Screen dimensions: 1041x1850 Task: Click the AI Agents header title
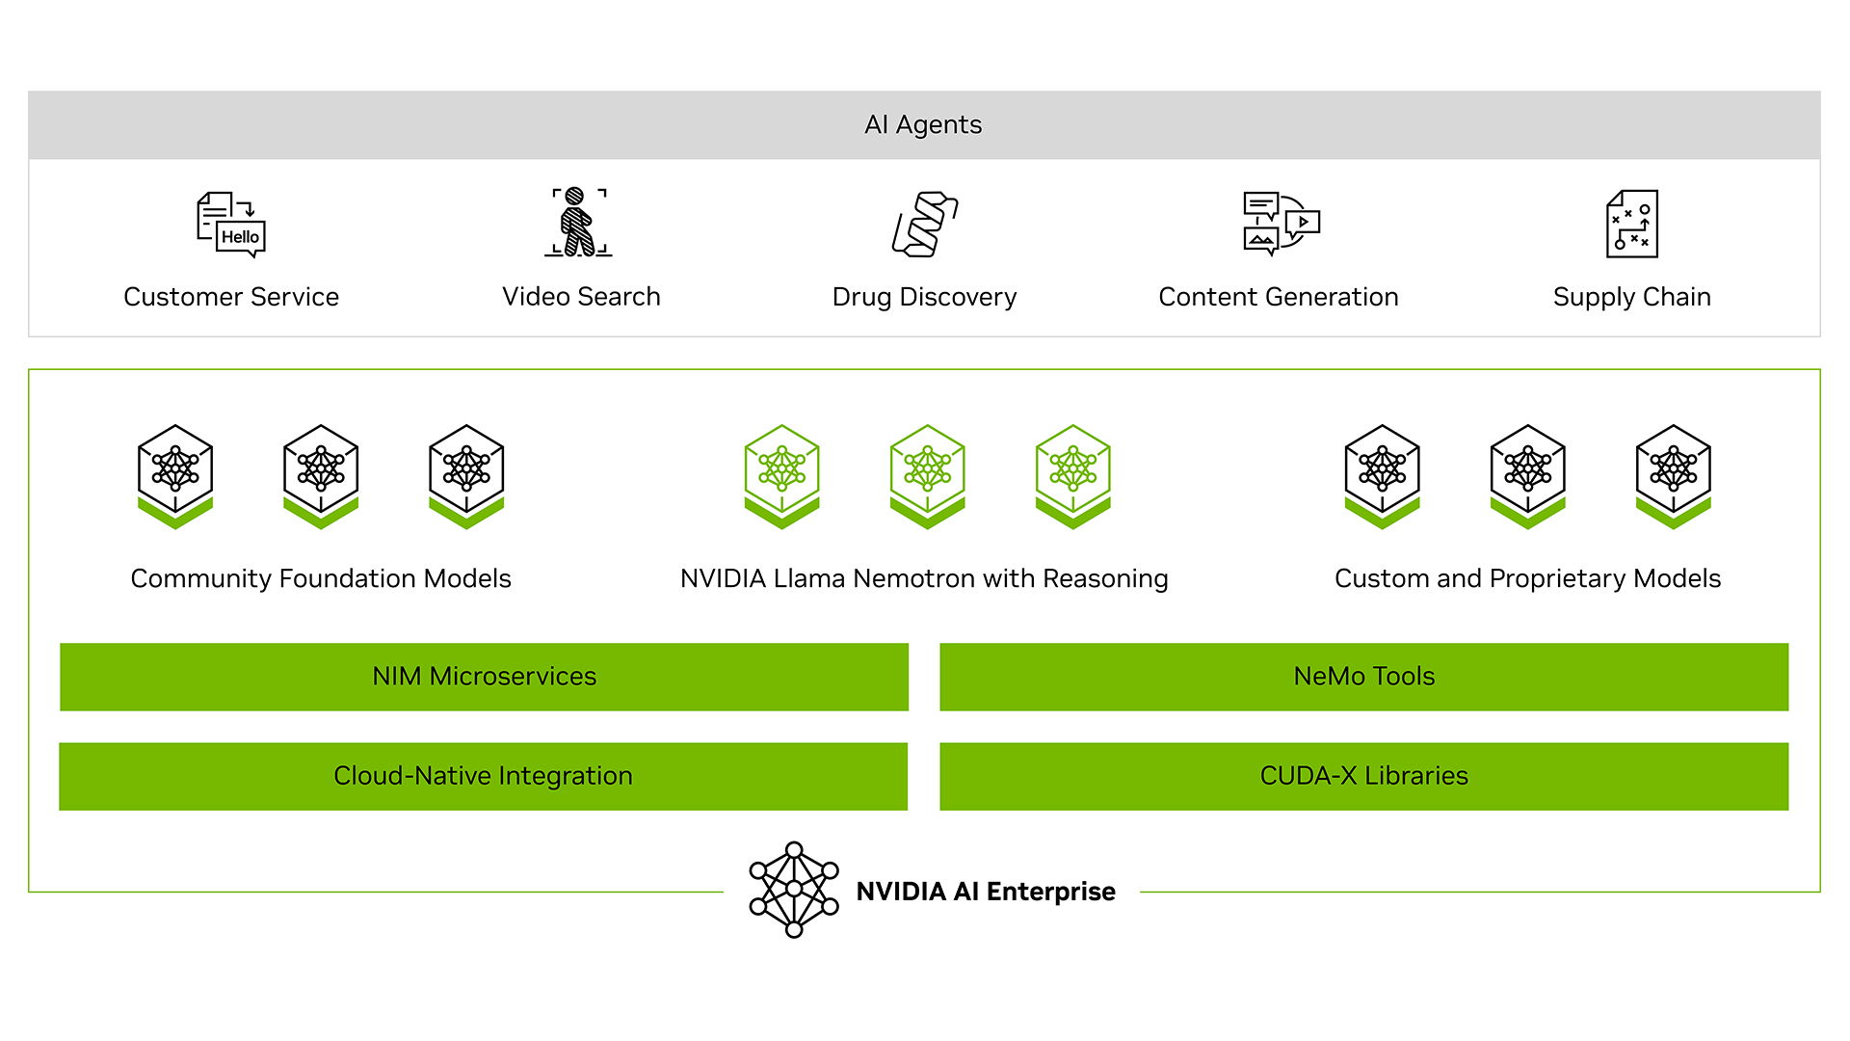click(923, 124)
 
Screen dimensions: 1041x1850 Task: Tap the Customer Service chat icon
click(231, 224)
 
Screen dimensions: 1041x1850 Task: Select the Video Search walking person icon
click(578, 223)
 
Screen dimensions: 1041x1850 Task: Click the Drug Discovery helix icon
click(925, 224)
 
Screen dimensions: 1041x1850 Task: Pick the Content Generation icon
click(1281, 223)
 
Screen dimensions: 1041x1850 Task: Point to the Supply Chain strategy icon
click(1632, 224)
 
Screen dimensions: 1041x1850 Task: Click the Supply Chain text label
click(1632, 297)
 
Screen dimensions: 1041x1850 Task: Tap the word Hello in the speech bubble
click(240, 237)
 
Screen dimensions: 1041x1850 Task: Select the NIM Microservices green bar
click(484, 677)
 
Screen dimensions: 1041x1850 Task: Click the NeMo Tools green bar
click(1363, 677)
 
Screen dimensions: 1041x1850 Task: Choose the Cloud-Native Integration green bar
click(483, 776)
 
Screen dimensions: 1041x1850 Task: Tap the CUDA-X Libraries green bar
click(1363, 776)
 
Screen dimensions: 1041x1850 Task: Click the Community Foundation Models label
click(321, 578)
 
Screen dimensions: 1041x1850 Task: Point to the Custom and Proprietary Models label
click(1527, 578)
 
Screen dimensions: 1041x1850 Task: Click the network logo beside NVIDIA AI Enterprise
click(794, 890)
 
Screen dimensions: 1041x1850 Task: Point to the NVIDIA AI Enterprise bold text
click(986, 892)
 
